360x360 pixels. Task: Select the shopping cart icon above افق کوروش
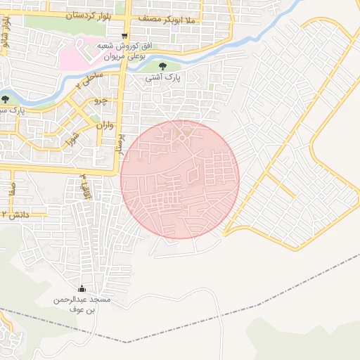(124, 36)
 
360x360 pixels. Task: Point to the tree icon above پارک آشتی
(163, 66)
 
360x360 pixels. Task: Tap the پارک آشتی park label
(162, 78)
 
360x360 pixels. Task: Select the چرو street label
(101, 101)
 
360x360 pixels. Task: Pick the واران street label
(101, 125)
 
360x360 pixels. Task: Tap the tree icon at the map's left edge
(6, 99)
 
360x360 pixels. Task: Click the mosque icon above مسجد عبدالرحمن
(82, 288)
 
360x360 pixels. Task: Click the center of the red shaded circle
(180, 179)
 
